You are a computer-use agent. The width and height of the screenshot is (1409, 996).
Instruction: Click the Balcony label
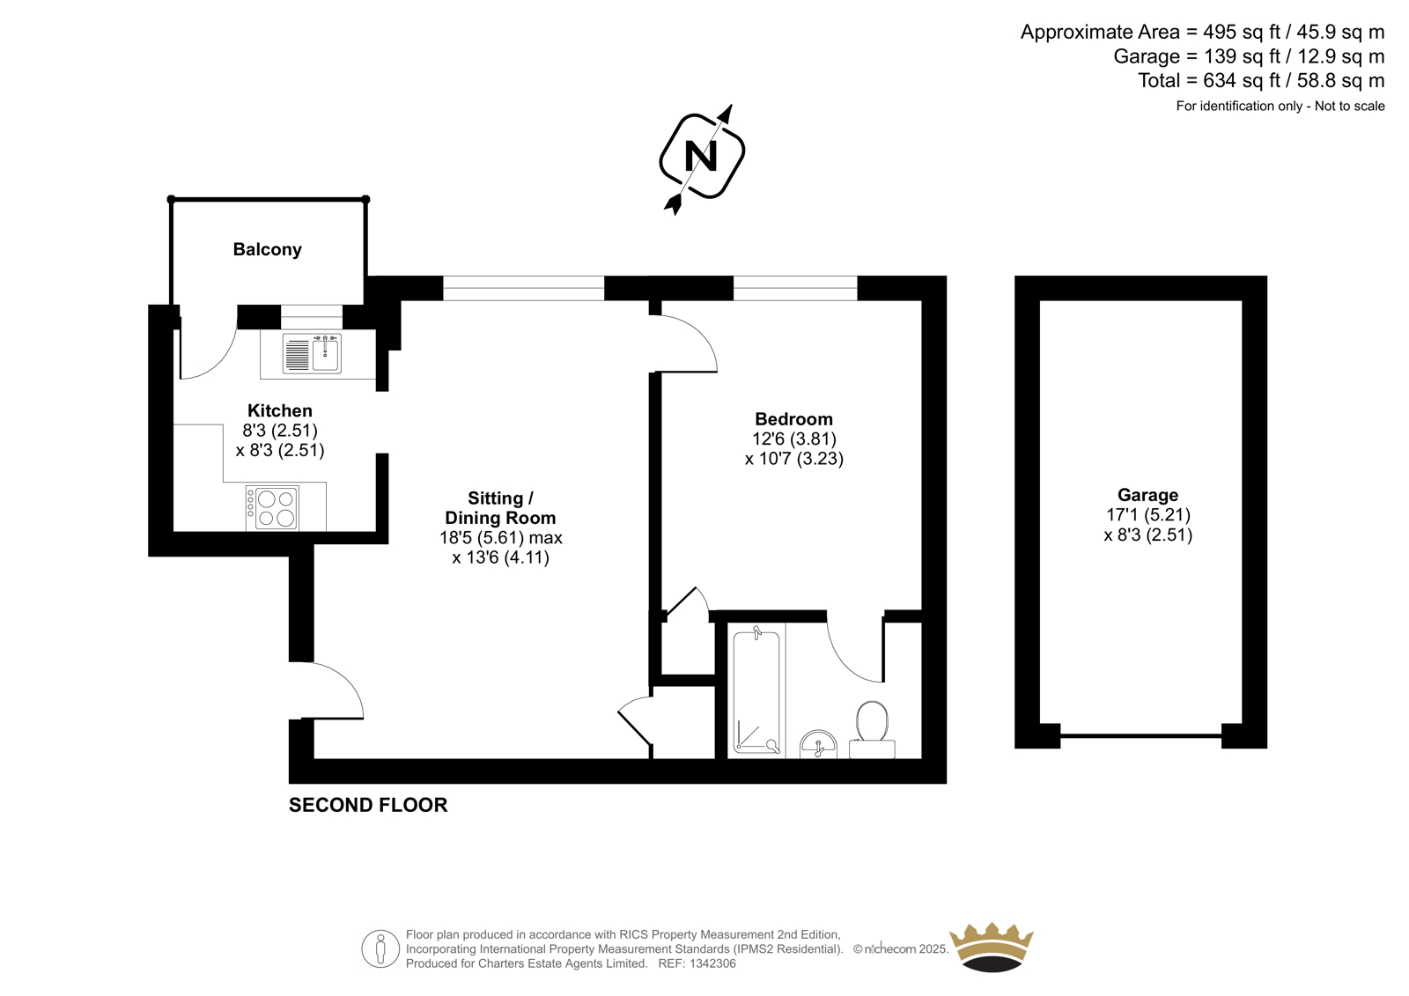[x=268, y=250]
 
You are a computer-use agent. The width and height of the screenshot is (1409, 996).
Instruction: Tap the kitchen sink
[x=312, y=353]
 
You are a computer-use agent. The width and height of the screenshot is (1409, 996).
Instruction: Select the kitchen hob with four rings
[x=272, y=508]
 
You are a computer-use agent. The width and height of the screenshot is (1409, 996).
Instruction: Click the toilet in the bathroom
[x=872, y=730]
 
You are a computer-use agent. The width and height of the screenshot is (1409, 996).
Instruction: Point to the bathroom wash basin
[x=818, y=744]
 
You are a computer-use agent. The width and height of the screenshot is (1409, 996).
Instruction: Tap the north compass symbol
[x=702, y=157]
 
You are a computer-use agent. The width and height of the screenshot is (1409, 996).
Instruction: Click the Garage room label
[x=1148, y=495]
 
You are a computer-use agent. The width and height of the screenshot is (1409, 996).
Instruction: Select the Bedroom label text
[x=793, y=419]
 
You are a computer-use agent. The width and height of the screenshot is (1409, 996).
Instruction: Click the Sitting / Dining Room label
[x=501, y=508]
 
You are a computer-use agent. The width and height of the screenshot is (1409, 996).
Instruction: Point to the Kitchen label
[x=280, y=411]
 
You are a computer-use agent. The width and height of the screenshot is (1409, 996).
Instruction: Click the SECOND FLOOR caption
[x=368, y=805]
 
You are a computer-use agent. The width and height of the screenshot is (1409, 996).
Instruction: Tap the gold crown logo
[x=992, y=948]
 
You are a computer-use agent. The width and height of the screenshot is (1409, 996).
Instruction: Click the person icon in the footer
[x=380, y=948]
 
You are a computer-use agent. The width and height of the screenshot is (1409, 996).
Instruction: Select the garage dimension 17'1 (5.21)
[x=1148, y=515]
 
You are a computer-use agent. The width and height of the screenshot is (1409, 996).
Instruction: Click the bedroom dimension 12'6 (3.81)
[x=794, y=439]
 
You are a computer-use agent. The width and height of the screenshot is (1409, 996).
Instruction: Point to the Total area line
[x=1261, y=80]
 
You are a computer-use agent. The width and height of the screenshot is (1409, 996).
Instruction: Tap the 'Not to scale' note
[x=1350, y=107]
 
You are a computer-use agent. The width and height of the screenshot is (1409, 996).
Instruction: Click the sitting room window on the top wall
[x=523, y=288]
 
